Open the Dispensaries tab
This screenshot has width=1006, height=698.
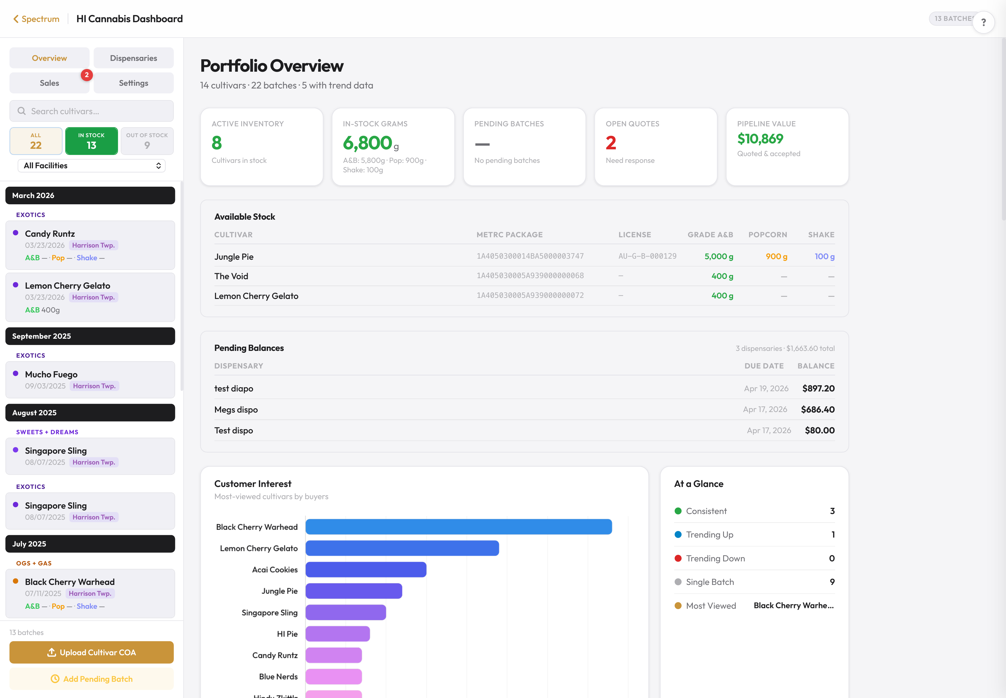coord(133,58)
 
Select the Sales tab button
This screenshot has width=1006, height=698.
coord(49,83)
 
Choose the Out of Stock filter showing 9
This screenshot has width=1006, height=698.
coord(147,141)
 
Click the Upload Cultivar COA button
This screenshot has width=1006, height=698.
coord(91,652)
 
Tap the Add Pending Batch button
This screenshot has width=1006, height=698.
coord(91,679)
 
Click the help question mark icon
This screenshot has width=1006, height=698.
coord(983,22)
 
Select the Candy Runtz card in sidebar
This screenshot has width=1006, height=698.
coord(90,245)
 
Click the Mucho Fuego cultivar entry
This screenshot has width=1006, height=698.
coord(90,379)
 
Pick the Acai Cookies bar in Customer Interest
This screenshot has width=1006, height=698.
coord(366,569)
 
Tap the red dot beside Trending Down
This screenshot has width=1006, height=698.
coord(678,558)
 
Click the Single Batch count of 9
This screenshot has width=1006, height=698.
coord(832,582)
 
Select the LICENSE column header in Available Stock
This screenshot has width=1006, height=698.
coord(634,235)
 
